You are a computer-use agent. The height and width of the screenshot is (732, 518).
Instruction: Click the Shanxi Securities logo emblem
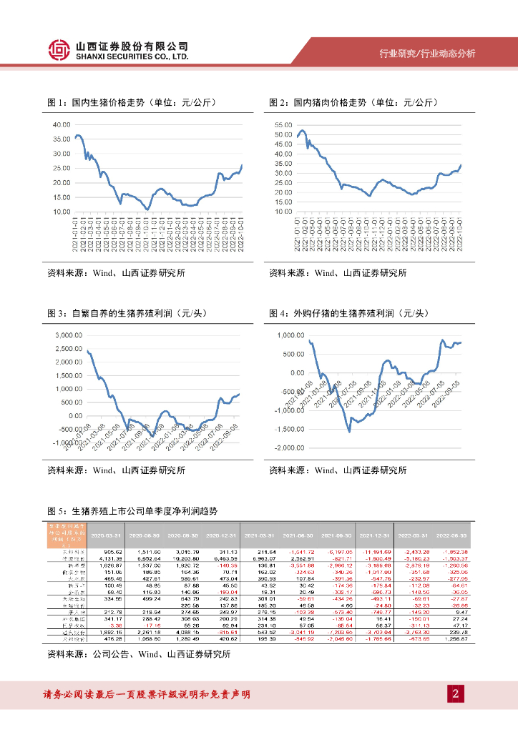pos(60,50)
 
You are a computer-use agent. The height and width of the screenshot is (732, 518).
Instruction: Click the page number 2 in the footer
pos(455,693)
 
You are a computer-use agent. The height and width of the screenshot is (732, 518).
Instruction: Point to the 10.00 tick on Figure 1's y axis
pos(62,212)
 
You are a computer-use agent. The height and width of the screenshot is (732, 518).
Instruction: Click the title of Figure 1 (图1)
pos(132,103)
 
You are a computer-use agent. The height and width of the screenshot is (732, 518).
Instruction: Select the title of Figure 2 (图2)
pos(353,103)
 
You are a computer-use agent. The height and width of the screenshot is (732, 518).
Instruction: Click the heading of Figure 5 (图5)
pos(132,512)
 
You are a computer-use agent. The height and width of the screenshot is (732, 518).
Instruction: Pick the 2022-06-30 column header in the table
pos(453,535)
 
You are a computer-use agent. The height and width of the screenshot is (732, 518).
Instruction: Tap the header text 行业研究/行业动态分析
pos(426,54)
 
